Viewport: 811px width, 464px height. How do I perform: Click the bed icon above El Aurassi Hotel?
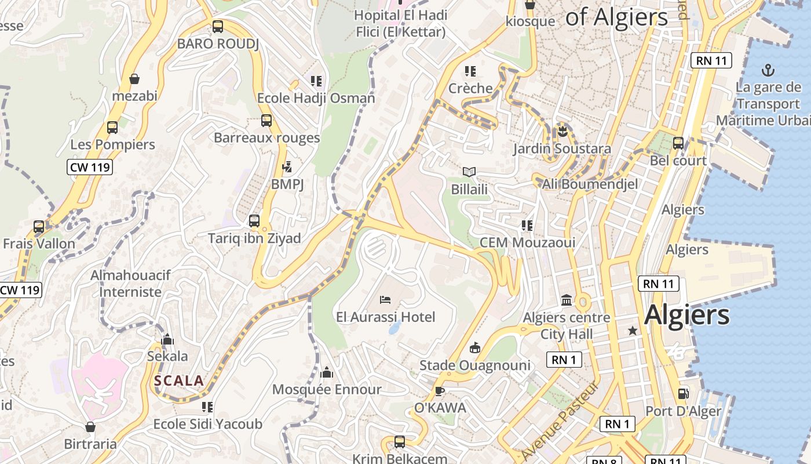pos(385,300)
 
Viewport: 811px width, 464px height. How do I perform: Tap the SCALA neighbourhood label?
pos(179,381)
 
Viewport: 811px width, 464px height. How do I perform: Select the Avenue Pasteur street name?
pos(560,420)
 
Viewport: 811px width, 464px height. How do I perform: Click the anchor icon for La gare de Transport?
pos(768,71)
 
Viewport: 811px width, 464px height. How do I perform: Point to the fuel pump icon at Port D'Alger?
pos(684,394)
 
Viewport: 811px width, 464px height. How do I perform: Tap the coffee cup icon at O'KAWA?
pos(440,390)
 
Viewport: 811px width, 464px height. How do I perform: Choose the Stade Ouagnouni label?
pos(474,365)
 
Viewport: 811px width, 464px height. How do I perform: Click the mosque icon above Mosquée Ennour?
pos(327,372)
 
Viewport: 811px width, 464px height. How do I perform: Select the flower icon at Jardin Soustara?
pos(561,131)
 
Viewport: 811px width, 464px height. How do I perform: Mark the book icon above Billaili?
pos(469,172)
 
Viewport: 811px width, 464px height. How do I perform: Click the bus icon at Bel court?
pos(678,143)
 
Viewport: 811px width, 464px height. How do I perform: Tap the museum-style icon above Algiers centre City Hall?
pos(567,300)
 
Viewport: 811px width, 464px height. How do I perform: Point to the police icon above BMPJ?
pos(287,167)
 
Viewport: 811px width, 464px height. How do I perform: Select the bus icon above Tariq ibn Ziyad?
pos(254,221)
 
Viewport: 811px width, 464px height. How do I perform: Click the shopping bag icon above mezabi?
pos(134,79)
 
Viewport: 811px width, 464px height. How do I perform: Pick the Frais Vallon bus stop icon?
pos(39,227)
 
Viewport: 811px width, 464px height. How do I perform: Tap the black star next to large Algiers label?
pos(633,331)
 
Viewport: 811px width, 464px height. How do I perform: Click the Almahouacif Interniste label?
pos(130,284)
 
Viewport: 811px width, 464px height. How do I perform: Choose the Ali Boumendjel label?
pos(590,184)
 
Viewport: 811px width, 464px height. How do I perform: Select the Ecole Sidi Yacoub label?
pos(207,424)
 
